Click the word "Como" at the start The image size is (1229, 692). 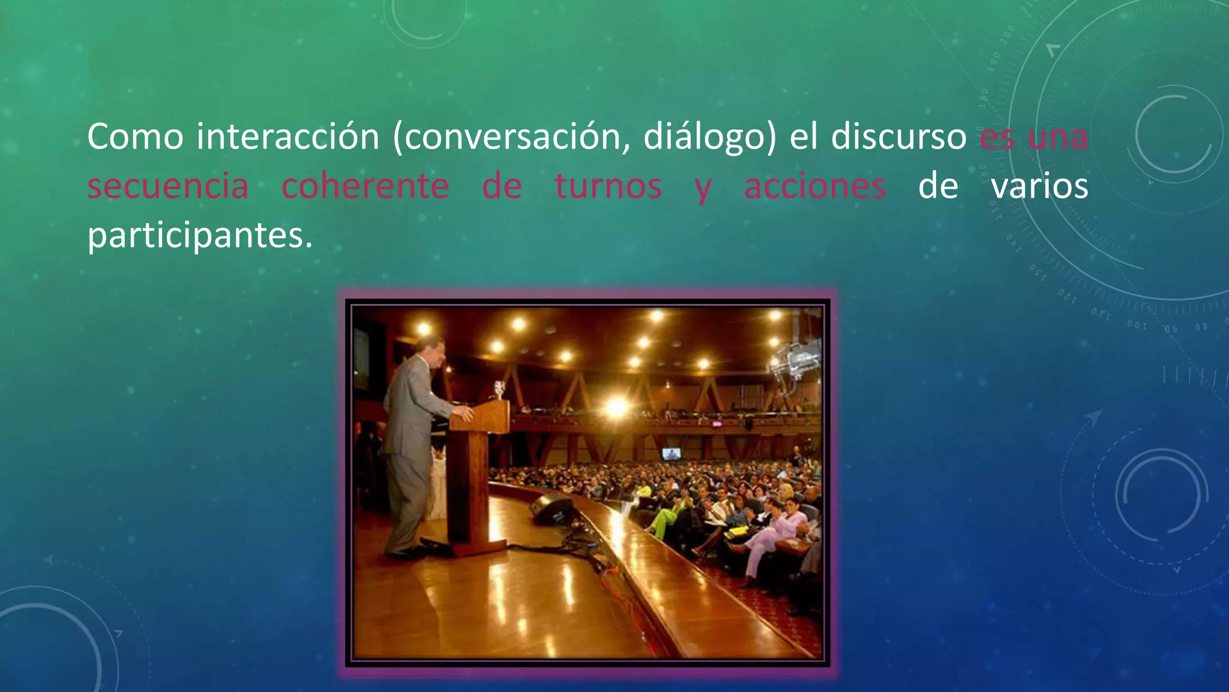coord(135,137)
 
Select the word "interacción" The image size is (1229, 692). coord(287,137)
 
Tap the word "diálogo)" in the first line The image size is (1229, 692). coord(709,137)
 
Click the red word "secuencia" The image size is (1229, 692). coord(168,186)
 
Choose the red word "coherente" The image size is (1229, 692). coord(365,186)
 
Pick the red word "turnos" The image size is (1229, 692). coord(608,186)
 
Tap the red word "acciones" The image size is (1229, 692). coord(814,186)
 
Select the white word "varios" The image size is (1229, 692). coord(1039,186)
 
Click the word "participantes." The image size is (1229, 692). coord(200,235)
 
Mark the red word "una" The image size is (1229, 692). coord(1057,137)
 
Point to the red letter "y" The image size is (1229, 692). coord(703,189)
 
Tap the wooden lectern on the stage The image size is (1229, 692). coord(478,469)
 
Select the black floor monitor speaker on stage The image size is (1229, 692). coord(551,508)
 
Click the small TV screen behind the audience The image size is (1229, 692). coord(671,454)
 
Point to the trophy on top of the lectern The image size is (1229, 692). coord(499,389)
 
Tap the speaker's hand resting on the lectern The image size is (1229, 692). coord(464,413)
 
